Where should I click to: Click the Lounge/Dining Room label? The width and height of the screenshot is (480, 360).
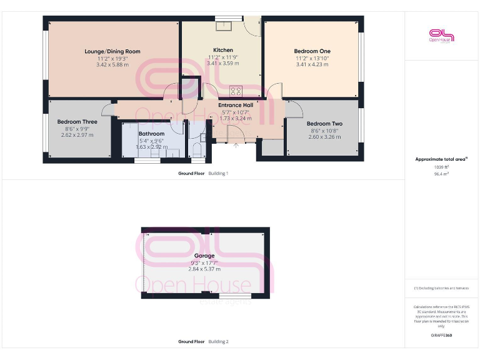pyautogui.click(x=112, y=51)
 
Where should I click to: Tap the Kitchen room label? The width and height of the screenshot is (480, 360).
pyautogui.click(x=223, y=50)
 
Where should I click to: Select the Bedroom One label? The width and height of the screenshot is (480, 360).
pyautogui.click(x=312, y=51)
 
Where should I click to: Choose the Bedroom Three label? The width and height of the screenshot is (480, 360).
pyautogui.click(x=77, y=122)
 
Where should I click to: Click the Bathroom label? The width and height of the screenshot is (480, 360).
pyautogui.click(x=151, y=134)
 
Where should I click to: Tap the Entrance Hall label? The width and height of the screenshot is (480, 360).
pyautogui.click(x=236, y=105)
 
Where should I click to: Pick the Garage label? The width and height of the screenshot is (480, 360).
pyautogui.click(x=204, y=256)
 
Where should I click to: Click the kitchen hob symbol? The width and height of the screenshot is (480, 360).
pyautogui.click(x=236, y=89)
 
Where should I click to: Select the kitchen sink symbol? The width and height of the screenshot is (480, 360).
pyautogui.click(x=224, y=26)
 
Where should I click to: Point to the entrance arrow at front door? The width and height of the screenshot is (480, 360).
pyautogui.click(x=236, y=146)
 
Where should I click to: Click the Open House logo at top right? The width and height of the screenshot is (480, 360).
pyautogui.click(x=441, y=35)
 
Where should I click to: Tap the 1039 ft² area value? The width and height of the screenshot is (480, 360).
pyautogui.click(x=442, y=167)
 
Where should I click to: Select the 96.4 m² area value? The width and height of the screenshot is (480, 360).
pyautogui.click(x=442, y=174)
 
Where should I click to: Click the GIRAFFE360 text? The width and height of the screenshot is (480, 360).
pyautogui.click(x=441, y=336)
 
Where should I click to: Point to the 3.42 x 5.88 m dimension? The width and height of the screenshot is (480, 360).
pyautogui.click(x=112, y=64)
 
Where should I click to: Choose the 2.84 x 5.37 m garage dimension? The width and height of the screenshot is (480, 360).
pyautogui.click(x=204, y=269)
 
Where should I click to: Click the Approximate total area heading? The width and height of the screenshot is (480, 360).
pyautogui.click(x=441, y=159)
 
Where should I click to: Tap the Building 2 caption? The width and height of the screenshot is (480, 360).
pyautogui.click(x=218, y=342)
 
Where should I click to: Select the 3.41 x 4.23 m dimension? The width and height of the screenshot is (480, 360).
pyautogui.click(x=312, y=64)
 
